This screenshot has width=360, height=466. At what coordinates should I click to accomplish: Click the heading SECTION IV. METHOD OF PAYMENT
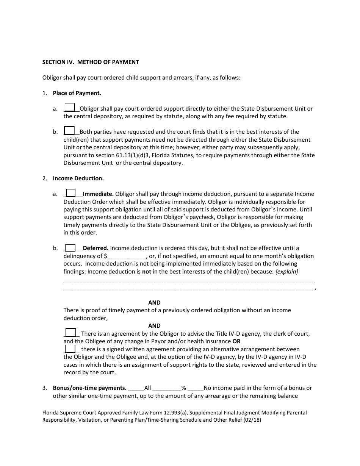(91, 62)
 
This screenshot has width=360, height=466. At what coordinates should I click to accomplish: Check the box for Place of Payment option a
(70, 108)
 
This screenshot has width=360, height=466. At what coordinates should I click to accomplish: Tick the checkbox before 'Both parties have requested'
(70, 131)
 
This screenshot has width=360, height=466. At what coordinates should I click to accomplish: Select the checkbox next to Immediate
(71, 193)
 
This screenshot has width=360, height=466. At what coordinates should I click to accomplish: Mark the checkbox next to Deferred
(70, 248)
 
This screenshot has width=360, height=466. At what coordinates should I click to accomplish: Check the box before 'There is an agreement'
(70, 333)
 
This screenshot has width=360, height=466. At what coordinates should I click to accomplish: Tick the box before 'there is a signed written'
(70, 349)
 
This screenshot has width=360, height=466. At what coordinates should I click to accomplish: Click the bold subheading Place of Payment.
(77, 93)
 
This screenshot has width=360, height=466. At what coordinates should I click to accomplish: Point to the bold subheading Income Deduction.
(78, 178)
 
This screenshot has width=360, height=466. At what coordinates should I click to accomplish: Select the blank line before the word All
(136, 388)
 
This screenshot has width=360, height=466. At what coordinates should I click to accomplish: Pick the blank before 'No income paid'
(196, 388)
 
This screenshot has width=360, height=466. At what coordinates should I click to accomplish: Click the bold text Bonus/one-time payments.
(89, 388)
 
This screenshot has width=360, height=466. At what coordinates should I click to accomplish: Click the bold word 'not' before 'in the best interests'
(146, 272)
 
